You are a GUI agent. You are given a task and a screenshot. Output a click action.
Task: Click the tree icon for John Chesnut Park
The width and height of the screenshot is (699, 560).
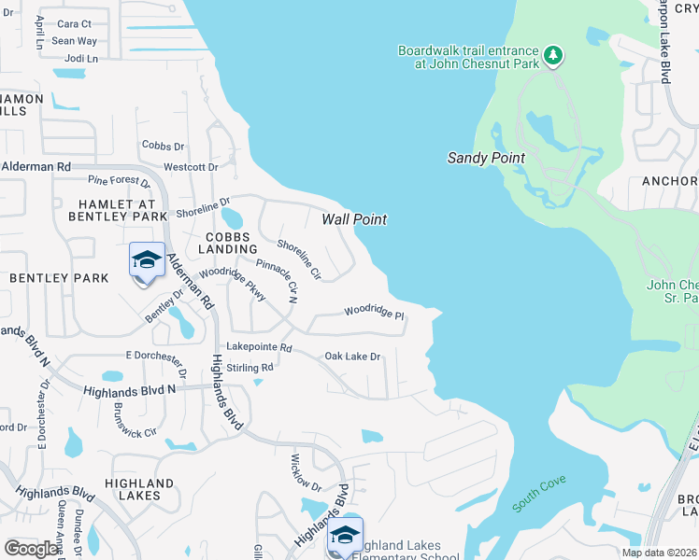coord(553,56)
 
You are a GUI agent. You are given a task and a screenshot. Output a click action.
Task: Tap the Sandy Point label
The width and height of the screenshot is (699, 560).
coord(485,158)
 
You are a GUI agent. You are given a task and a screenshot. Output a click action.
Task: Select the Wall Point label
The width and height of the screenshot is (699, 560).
coord(354,219)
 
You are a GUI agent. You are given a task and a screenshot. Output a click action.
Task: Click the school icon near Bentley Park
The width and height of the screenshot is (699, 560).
coord(147,261)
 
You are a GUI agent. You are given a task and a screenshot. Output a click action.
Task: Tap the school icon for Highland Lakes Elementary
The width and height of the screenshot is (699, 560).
coord(344,536)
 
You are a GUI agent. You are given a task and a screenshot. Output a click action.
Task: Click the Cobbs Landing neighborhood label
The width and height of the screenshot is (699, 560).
coord(228,243)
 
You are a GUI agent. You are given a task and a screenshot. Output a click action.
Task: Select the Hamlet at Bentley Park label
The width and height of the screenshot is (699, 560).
coord(116,210)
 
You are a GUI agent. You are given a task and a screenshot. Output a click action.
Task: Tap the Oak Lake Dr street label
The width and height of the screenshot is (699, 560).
coord(352,357)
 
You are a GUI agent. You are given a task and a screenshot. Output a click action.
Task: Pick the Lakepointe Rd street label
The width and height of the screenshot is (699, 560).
coord(261,348)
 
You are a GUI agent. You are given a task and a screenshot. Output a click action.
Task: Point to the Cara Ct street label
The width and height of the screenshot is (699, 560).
coord(74,24)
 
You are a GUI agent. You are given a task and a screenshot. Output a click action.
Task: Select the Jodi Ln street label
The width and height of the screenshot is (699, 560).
coord(81,58)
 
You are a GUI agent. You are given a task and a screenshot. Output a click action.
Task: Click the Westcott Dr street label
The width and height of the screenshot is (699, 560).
coord(191,168)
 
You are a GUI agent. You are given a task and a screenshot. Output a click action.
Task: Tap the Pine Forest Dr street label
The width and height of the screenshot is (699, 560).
coord(118,179)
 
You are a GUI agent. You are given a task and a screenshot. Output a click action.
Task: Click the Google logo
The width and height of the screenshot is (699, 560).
coord(32,549)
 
